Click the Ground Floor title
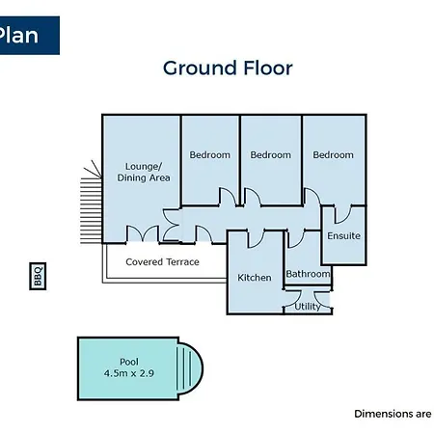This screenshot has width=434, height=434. pos(228,68)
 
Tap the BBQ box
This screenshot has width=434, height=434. pos(38,276)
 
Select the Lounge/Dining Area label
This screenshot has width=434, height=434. pos(144,172)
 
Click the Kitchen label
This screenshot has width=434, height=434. pos(255,278)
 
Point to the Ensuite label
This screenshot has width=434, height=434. pos(343,236)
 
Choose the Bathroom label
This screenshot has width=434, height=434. pos(308,274)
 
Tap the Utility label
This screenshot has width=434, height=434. pos(308,307)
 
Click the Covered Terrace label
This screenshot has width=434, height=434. pos(162,262)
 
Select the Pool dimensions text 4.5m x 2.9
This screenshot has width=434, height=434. pos(129,373)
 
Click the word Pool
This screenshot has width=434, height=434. pos(129,362)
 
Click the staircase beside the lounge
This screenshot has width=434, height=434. pos(91,210)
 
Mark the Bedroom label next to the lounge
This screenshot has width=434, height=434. pos(209,155)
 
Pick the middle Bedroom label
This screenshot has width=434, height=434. pos(271,155)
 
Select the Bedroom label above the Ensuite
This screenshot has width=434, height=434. pos(333,155)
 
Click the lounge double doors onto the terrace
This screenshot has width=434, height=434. pos(143,233)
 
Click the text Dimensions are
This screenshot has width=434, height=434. pos(393,414)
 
